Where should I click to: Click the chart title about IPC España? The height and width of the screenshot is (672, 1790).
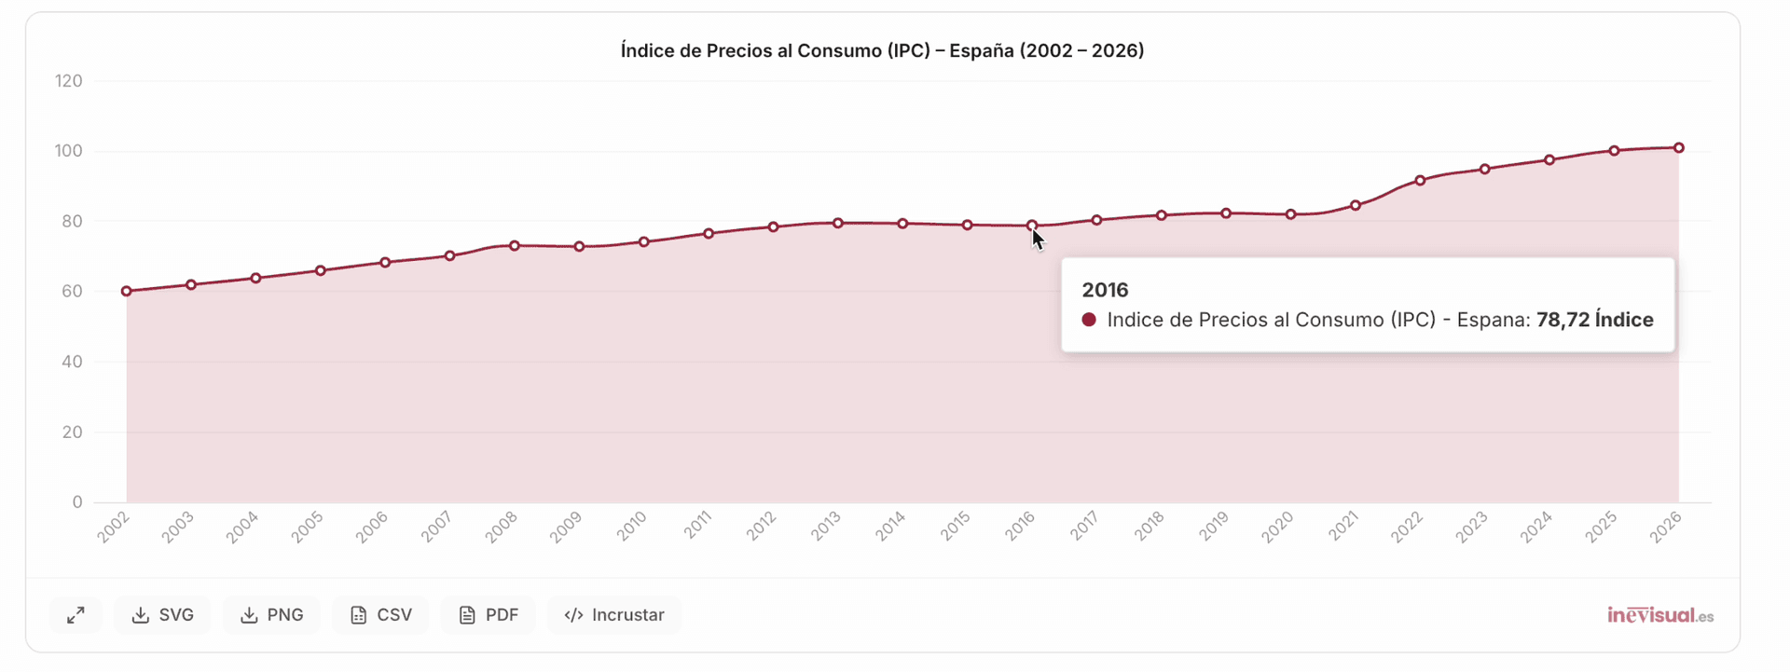click(x=882, y=50)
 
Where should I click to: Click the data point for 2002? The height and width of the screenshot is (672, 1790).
click(x=127, y=292)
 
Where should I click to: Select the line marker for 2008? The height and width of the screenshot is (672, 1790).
click(x=515, y=246)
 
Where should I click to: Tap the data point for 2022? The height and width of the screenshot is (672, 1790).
click(x=1420, y=181)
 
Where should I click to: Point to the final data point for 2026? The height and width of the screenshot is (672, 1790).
click(x=1678, y=148)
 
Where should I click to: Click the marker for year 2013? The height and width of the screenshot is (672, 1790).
click(x=838, y=224)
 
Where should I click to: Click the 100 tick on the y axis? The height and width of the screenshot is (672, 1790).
click(x=69, y=151)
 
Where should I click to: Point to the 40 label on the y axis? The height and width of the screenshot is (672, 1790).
click(x=72, y=362)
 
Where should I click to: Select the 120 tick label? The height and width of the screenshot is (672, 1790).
click(x=69, y=81)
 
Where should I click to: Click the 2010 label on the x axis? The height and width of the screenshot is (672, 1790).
click(x=632, y=527)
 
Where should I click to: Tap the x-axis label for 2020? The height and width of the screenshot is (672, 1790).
click(x=1277, y=527)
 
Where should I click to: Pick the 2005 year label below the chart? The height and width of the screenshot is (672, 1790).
click(x=307, y=527)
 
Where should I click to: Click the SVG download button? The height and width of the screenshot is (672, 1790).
click(x=163, y=615)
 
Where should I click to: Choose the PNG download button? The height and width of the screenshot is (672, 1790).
click(x=272, y=615)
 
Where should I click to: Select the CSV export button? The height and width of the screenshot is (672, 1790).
click(x=380, y=615)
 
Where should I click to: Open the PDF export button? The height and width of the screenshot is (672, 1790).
click(x=489, y=615)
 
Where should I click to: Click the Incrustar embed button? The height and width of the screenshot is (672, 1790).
click(x=614, y=615)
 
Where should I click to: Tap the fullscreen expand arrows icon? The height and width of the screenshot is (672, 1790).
click(x=76, y=615)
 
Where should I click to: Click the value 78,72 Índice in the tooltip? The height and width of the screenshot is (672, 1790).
click(x=1594, y=320)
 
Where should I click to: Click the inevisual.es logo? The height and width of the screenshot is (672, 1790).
click(x=1659, y=615)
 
